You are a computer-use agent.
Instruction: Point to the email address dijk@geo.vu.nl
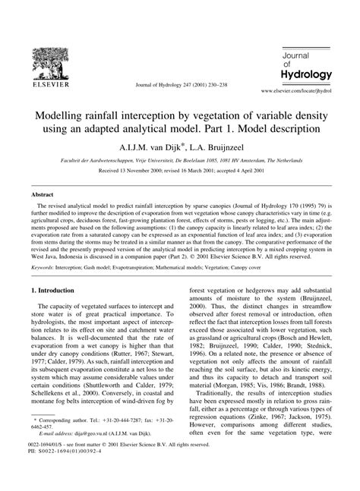87,448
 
